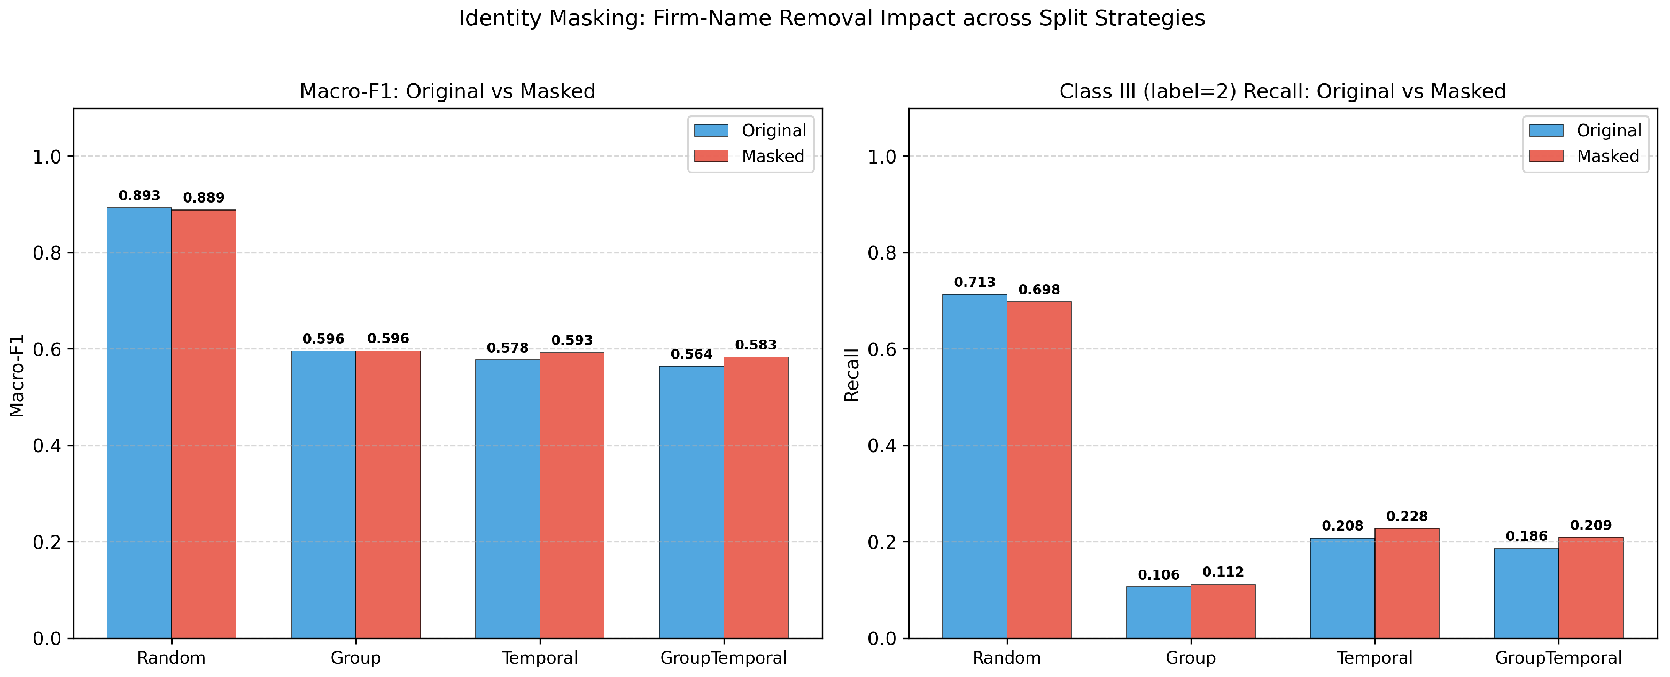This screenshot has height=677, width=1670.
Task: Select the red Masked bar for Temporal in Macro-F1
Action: coord(572,495)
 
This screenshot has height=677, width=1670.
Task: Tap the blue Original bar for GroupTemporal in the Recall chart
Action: coord(1526,593)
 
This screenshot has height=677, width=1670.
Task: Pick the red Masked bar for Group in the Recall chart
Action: coord(1223,611)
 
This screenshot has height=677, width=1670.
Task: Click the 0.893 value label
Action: coord(139,196)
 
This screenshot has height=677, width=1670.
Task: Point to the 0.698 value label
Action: coord(1038,290)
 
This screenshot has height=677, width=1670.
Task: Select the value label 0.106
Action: coord(1159,575)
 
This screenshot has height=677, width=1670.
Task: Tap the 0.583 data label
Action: coord(755,345)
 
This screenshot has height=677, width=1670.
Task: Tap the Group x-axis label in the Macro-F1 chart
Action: coord(355,658)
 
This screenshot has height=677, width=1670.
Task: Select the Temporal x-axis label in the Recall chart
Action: coord(1374,658)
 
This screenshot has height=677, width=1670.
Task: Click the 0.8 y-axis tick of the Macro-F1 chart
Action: coord(46,253)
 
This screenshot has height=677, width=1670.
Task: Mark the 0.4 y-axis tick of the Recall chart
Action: coord(882,446)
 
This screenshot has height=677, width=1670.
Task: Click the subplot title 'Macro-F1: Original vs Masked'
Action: coord(447,91)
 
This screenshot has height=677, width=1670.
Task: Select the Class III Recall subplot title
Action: coord(1283,91)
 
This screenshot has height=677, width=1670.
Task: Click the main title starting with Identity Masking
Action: coord(832,18)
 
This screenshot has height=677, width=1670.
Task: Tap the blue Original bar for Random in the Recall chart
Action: coord(974,466)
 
